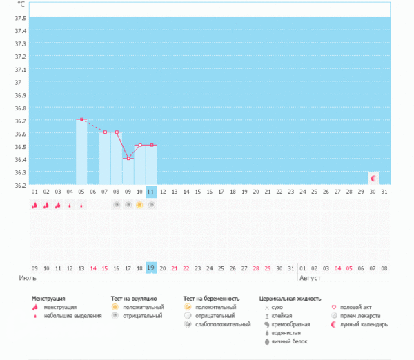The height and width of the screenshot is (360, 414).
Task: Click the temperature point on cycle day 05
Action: [81, 119]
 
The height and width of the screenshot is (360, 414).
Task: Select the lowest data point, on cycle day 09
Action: [128, 159]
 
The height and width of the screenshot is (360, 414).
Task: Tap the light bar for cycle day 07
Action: [104, 159]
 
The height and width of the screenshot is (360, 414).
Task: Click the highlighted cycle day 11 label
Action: [151, 191]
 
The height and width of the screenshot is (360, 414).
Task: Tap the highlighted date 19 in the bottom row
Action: [151, 268]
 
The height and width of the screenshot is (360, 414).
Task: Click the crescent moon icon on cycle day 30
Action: [373, 178]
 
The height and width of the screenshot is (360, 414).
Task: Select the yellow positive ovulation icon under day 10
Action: [139, 205]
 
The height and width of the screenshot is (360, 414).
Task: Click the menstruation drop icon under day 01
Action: [34, 205]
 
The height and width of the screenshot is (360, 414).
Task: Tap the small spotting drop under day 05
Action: [81, 206]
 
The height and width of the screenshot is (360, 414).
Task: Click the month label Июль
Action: [27, 279]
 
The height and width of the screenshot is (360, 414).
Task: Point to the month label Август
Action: [310, 279]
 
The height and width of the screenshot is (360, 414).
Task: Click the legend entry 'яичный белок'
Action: [289, 341]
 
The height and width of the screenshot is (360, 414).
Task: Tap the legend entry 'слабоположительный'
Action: [223, 324]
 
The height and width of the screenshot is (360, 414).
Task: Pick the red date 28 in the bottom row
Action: [256, 268]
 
